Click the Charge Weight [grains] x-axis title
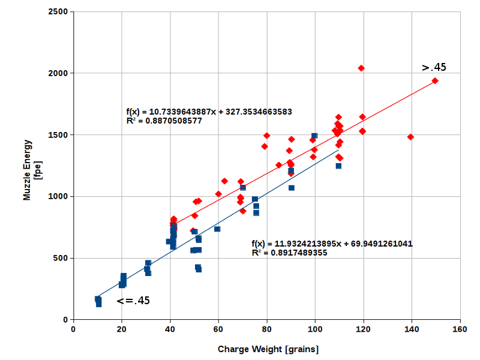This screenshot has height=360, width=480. pyautogui.click(x=268, y=349)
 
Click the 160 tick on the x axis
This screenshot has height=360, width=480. pyautogui.click(x=460, y=329)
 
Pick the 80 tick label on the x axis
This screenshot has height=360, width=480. pyautogui.click(x=267, y=329)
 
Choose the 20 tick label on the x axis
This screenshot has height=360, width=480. pyautogui.click(x=122, y=329)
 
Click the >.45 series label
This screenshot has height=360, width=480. pyautogui.click(x=434, y=67)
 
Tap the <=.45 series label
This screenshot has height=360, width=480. pyautogui.click(x=133, y=301)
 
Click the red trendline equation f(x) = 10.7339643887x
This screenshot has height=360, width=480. pyautogui.click(x=209, y=112)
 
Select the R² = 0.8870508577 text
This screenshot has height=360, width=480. pyautogui.click(x=164, y=121)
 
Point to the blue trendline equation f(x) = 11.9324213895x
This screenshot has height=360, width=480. pyautogui.click(x=332, y=244)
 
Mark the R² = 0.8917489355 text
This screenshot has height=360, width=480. pyautogui.click(x=290, y=253)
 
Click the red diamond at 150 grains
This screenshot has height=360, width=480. pyautogui.click(x=435, y=81)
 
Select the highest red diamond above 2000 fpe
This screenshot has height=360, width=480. pyautogui.click(x=361, y=68)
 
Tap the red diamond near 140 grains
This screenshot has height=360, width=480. pyautogui.click(x=410, y=137)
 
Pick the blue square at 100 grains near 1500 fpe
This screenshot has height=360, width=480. pyautogui.click(x=314, y=136)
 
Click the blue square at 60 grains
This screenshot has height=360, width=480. pyautogui.click(x=217, y=229)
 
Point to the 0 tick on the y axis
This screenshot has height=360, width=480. pyautogui.click(x=66, y=320)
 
